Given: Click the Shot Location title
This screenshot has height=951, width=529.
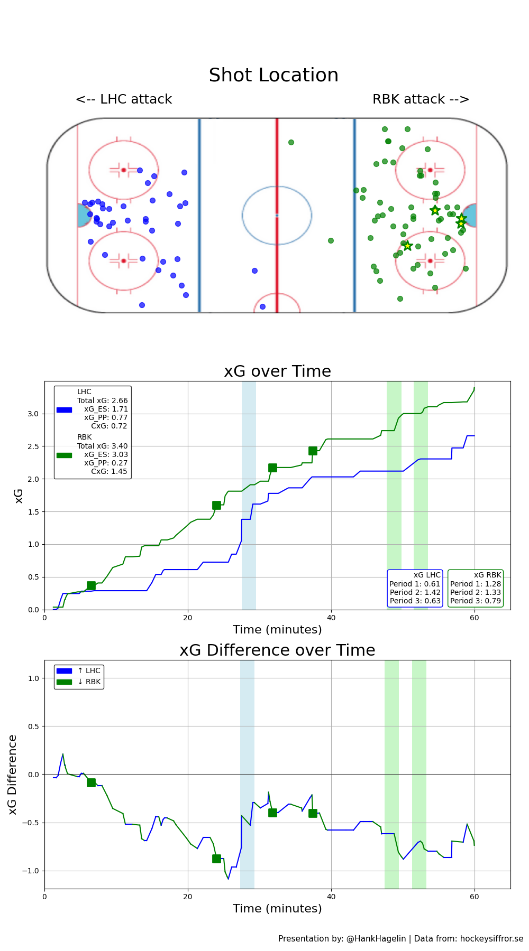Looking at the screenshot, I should tap(273, 75).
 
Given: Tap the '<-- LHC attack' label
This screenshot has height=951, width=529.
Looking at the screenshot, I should tap(124, 99).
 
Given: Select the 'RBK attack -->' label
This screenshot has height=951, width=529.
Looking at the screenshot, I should tap(421, 99).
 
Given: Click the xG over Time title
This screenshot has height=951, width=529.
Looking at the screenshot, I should tap(277, 371).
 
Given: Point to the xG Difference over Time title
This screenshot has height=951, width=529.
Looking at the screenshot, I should tap(277, 650).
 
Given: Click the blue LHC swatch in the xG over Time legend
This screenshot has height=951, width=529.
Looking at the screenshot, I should tap(64, 409).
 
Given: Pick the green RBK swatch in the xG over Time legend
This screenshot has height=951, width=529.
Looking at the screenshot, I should tap(64, 455).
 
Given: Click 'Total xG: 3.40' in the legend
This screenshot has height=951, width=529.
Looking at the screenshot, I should tap(102, 446).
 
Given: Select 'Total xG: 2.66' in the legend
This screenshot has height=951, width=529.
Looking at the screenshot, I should tap(102, 400).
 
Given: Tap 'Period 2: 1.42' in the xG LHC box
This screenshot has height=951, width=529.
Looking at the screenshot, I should tap(415, 592).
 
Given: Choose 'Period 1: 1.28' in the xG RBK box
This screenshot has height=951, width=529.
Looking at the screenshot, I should tap(476, 584).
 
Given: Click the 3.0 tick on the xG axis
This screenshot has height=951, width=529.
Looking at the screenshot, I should tap(33, 414).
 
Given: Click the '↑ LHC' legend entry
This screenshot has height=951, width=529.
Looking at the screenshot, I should tap(88, 671).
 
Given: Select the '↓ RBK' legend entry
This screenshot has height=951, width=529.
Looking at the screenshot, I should tap(88, 682).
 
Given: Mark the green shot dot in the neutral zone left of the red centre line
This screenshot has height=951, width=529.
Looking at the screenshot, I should tap(291, 142).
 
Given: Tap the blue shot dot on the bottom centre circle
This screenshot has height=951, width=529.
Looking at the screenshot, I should tap(262, 306).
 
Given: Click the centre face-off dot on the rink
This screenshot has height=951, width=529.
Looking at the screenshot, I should tap(277, 215).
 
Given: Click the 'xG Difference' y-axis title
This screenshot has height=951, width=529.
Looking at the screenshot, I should tap(13, 774).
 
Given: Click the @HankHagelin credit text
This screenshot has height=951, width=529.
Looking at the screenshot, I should tap(376, 939).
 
